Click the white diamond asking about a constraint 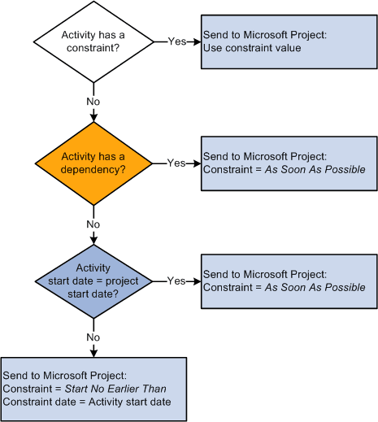(94, 41)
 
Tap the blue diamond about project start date (94, 281)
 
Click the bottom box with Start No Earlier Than (94, 389)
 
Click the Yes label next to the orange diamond (176, 162)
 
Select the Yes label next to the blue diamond (176, 281)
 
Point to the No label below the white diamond (94, 103)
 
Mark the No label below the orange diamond (94, 223)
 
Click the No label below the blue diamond (94, 336)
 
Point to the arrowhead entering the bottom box (94, 352)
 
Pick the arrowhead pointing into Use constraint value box (196, 41)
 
